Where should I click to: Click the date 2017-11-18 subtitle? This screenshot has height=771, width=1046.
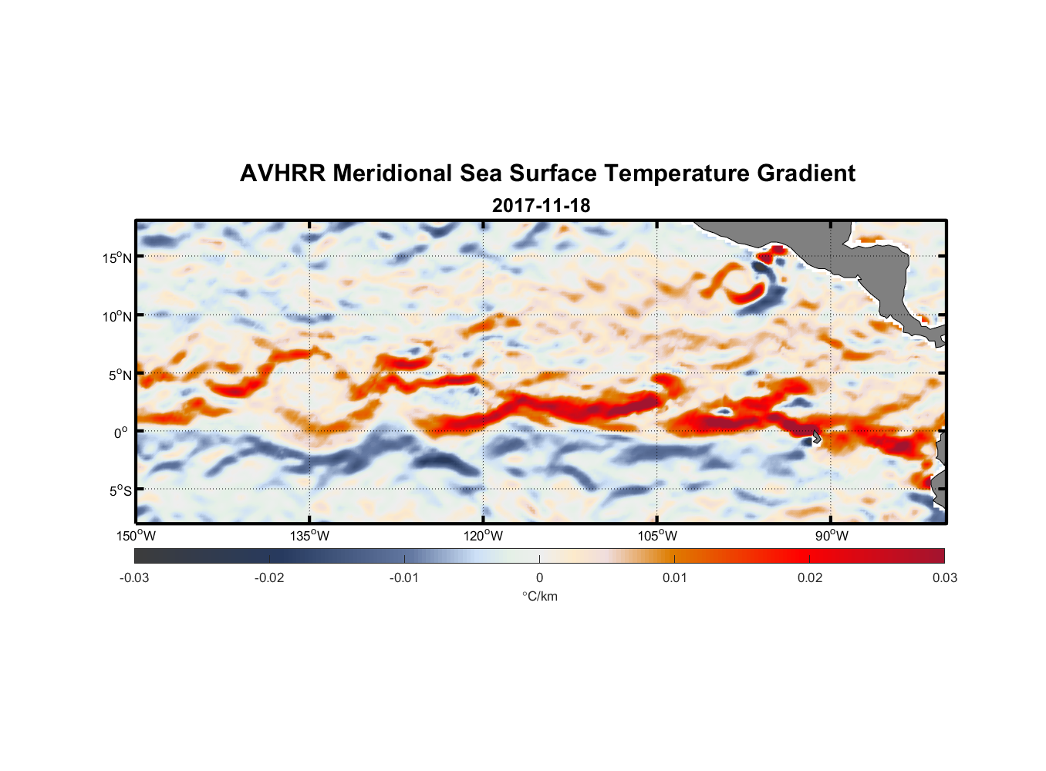(541, 206)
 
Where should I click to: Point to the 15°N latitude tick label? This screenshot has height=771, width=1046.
(117, 258)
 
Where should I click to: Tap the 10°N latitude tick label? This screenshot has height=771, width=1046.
(117, 316)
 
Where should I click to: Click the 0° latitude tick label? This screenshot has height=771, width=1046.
(121, 433)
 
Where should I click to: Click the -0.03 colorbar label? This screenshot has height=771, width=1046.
(134, 578)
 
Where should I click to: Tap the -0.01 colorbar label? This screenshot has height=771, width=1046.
(404, 578)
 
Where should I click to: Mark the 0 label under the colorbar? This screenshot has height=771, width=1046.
(539, 578)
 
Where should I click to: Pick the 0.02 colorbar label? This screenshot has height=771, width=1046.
(810, 578)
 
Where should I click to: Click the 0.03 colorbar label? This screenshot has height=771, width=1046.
(944, 578)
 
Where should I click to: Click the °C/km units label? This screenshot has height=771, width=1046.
(540, 597)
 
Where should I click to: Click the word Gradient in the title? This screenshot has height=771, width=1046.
(806, 173)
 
